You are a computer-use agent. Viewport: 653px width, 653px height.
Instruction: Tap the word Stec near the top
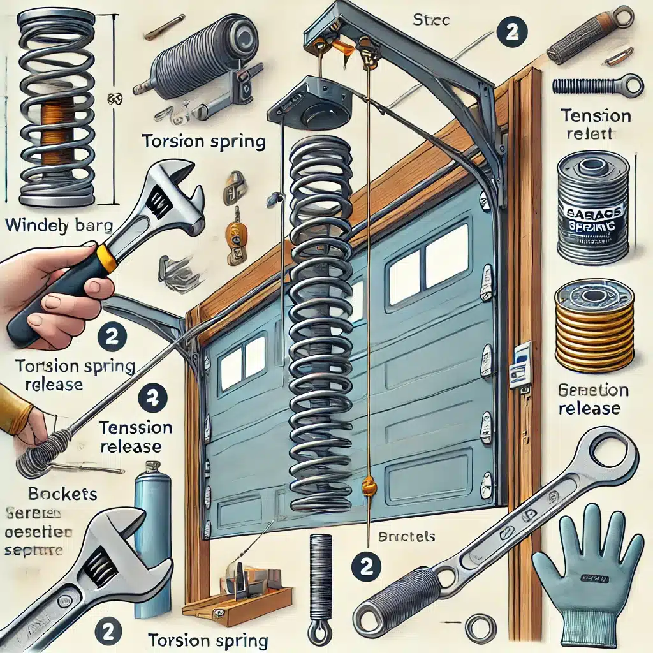[x=431, y=20]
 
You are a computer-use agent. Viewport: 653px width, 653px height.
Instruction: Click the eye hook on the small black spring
[x=317, y=633]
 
